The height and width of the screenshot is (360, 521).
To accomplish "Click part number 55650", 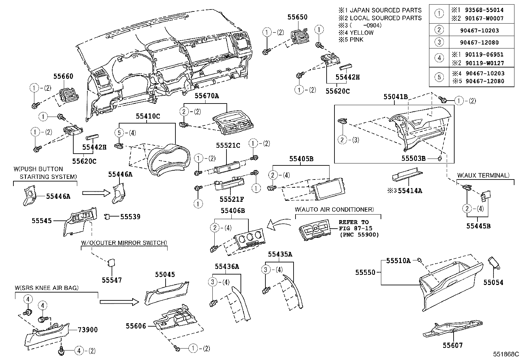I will [x=297, y=17].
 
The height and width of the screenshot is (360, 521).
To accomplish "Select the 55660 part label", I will [x=63, y=76].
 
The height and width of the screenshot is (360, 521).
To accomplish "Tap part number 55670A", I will [x=207, y=96].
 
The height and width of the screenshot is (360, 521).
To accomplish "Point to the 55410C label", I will [x=148, y=116].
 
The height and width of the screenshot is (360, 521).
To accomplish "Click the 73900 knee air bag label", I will [x=87, y=330].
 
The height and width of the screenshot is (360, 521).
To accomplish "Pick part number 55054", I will [x=493, y=282].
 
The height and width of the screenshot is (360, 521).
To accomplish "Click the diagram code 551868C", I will [x=506, y=354].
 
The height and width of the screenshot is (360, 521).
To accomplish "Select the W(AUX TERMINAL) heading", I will [x=483, y=176].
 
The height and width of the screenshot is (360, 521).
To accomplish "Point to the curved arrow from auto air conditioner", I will [x=278, y=225].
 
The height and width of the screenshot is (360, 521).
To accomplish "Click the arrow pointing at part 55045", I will [x=120, y=302].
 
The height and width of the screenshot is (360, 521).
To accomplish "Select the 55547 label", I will [x=112, y=280].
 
